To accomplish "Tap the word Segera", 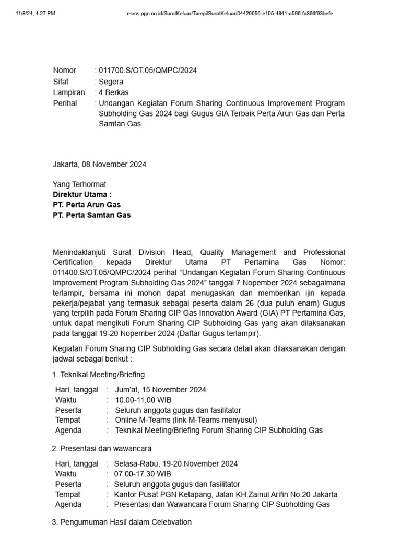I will [111, 82].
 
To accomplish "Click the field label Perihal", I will [65, 103].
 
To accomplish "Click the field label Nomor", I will [64, 71].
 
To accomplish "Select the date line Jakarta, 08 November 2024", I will [99, 164].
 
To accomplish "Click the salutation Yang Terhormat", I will [79, 184].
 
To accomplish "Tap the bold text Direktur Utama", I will [82, 194].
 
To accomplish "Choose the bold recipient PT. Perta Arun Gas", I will [87, 205].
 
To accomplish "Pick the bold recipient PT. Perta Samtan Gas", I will [92, 215].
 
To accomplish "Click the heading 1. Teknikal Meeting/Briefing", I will [99, 375].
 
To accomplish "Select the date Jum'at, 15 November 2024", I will [160, 390].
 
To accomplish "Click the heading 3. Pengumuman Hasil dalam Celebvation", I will [122, 522].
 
